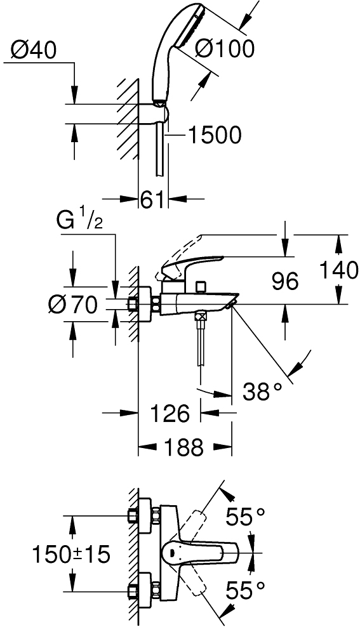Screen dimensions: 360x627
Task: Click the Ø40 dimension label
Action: click(34, 50)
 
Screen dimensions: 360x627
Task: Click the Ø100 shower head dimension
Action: click(224, 49)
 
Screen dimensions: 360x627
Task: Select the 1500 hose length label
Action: click(215, 135)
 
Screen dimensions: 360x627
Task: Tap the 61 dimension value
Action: click(152, 199)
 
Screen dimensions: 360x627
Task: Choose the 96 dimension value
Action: click(285, 280)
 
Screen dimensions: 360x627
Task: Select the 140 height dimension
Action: click(339, 270)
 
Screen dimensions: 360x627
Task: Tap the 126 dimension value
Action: click(169, 413)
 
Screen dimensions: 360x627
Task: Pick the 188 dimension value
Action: click(184, 447)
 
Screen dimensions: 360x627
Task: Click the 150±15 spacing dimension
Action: click(71, 555)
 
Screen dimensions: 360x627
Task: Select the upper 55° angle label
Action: click(245, 517)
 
